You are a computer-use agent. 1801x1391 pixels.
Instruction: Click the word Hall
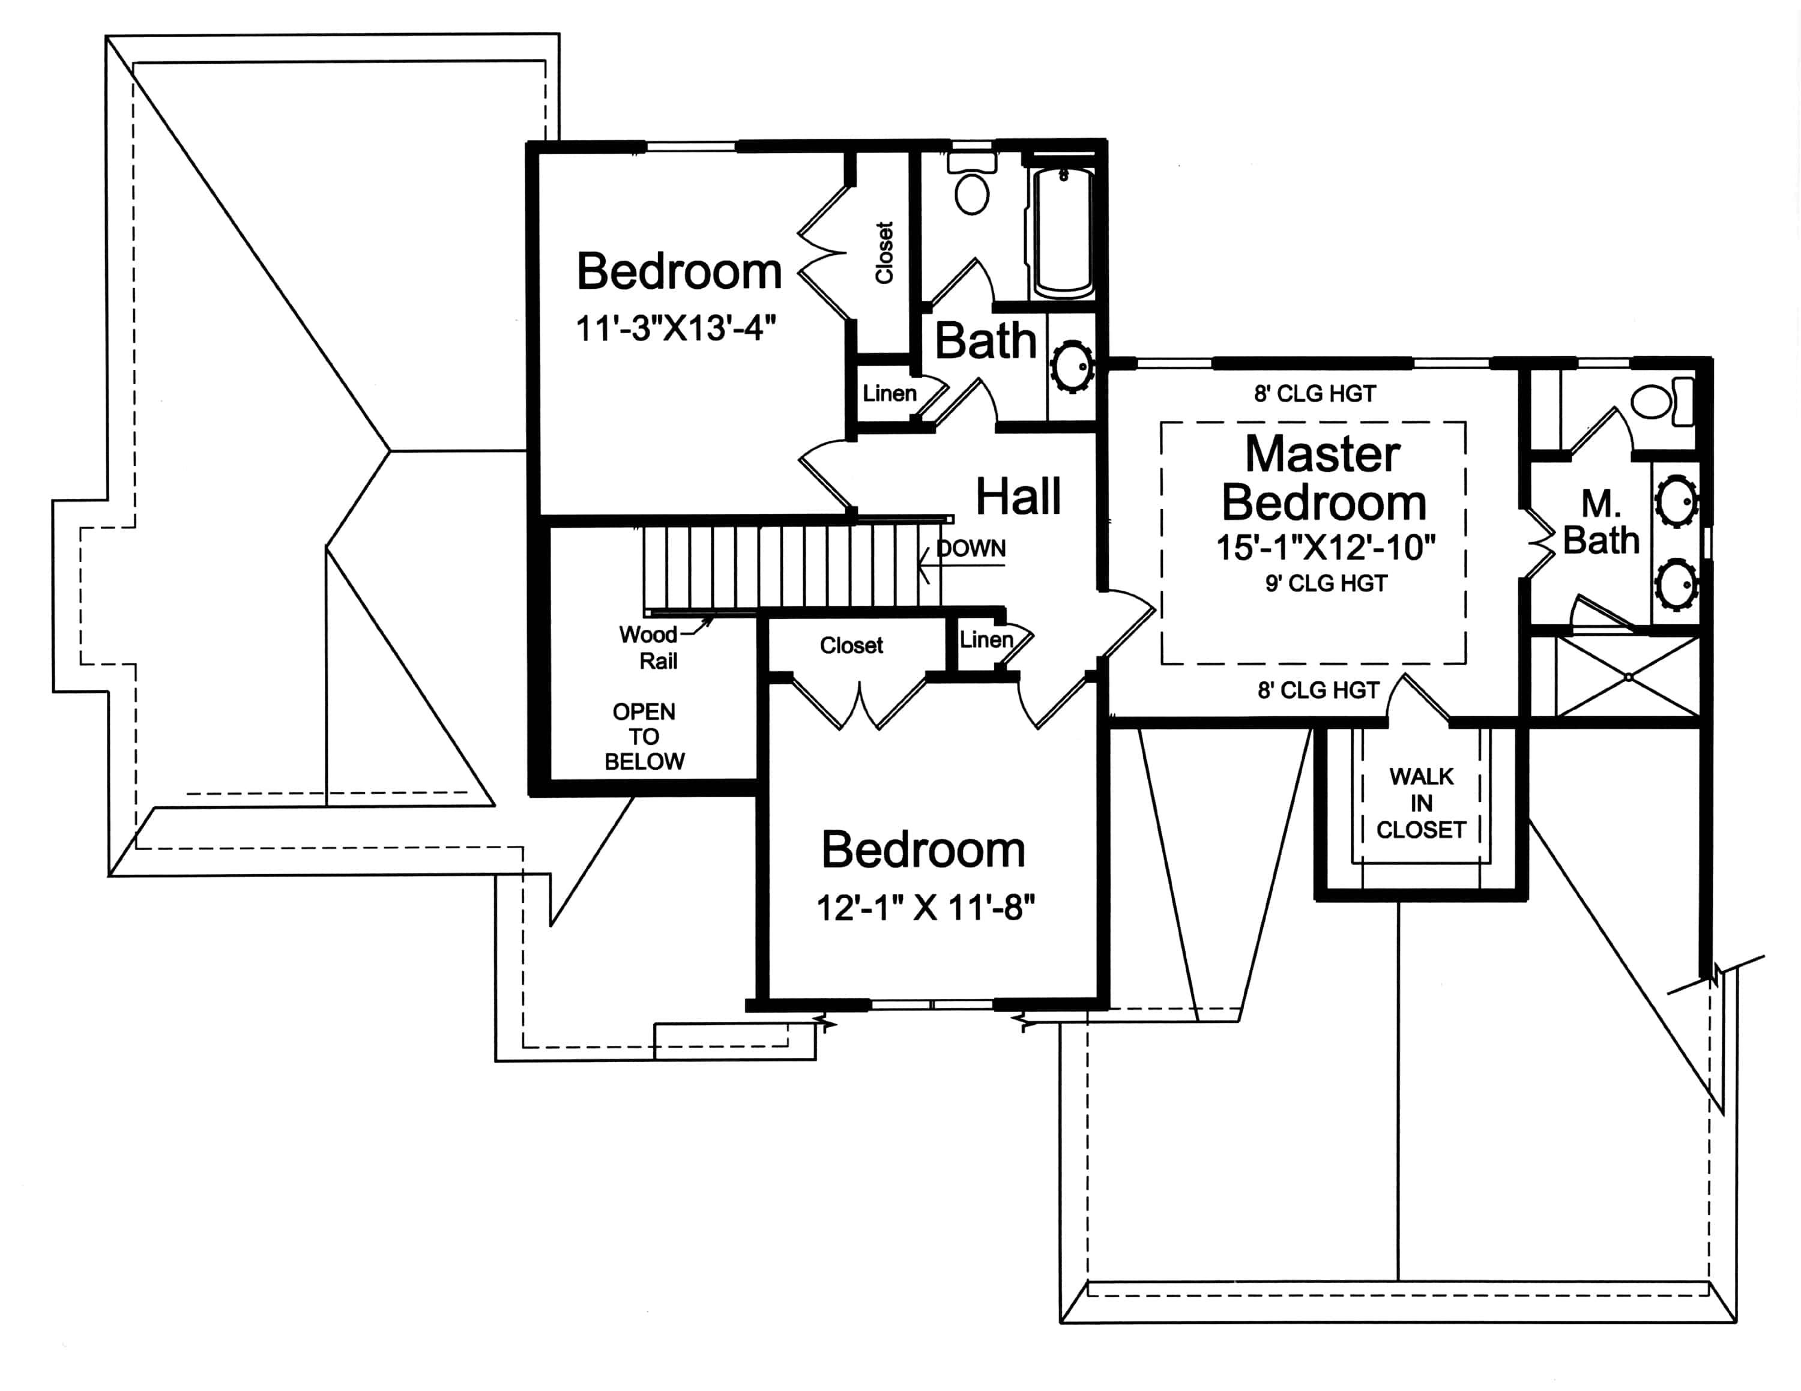click(1018, 496)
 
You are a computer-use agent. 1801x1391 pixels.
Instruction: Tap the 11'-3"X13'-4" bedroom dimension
click(675, 328)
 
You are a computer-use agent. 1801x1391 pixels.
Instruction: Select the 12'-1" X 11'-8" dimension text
click(925, 908)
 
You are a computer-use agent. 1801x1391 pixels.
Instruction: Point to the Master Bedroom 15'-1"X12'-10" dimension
click(1325, 548)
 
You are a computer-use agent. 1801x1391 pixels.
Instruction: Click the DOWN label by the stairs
click(971, 548)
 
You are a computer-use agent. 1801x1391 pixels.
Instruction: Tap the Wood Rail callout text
click(651, 647)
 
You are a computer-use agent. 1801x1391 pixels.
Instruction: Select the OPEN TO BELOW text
click(644, 736)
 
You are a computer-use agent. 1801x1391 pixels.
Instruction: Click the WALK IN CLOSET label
click(1421, 803)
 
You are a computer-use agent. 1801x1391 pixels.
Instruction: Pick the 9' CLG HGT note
click(1326, 584)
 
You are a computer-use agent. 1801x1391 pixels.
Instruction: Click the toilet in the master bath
click(1659, 402)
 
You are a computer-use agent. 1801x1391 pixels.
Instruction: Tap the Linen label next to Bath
click(889, 393)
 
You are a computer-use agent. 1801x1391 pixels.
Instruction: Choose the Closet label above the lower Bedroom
click(851, 645)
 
